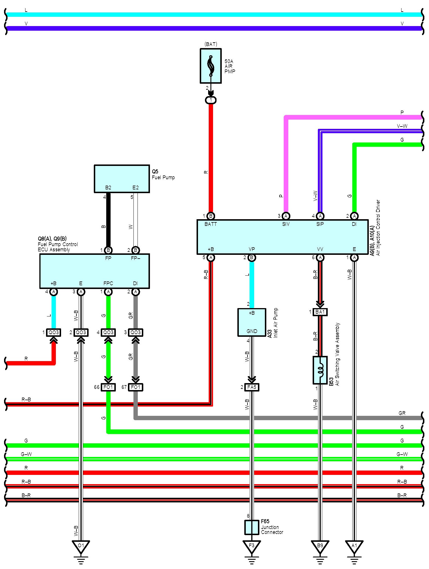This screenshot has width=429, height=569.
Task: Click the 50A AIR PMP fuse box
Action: tap(210, 66)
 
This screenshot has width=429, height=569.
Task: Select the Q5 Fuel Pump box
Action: tap(122, 178)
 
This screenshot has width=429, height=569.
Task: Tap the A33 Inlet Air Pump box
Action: tap(252, 322)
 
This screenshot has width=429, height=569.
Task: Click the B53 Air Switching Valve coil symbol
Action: tap(320, 370)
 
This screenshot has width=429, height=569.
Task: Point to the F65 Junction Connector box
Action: tap(252, 527)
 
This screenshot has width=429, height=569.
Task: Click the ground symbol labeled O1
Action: tap(81, 546)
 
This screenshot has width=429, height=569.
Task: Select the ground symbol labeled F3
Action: tap(252, 546)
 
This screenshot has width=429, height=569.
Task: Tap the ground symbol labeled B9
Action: tap(320, 546)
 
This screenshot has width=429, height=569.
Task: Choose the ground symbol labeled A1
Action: tap(354, 546)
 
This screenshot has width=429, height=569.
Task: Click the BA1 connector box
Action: tap(320, 312)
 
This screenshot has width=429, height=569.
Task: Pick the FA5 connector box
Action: tap(252, 387)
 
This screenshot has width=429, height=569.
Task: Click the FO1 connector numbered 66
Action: tap(108, 387)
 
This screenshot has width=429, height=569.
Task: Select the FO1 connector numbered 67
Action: tap(135, 387)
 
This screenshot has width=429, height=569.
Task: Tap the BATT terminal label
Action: tap(210, 224)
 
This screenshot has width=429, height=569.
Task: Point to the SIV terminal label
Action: tap(286, 224)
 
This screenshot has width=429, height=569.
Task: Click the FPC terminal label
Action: tap(108, 283)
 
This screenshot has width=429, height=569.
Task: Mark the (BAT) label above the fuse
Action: tap(210, 44)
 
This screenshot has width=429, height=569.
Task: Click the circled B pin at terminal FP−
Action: tap(135, 250)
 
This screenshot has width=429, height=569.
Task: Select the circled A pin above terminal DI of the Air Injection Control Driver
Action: tap(354, 216)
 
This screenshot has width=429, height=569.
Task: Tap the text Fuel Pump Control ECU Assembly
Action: tap(58, 247)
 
